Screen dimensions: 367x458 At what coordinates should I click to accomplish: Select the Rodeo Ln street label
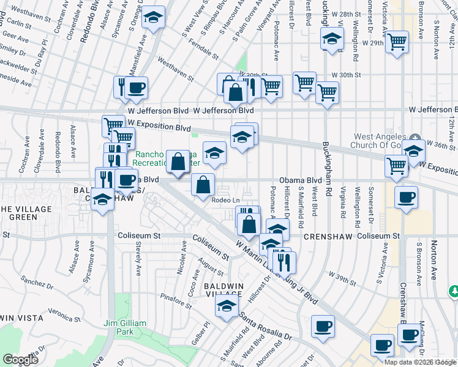pyautogui.click(x=225, y=199)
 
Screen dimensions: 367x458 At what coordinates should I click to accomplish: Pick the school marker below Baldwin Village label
pyautogui.click(x=227, y=306)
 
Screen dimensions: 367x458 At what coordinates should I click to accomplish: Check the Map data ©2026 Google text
pyautogui.click(x=420, y=362)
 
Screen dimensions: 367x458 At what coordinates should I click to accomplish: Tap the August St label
pyautogui.click(x=211, y=267)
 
